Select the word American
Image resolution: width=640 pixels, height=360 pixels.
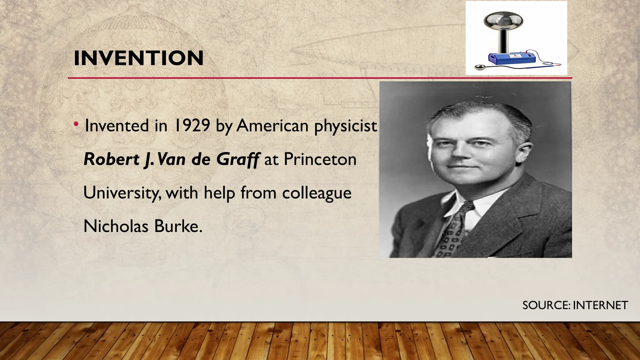point(272,126)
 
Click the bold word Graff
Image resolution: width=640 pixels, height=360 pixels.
point(237,159)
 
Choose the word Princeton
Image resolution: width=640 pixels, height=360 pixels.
point(320,159)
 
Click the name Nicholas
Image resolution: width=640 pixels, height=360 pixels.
point(116,226)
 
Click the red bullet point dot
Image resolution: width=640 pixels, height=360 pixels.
point(76,125)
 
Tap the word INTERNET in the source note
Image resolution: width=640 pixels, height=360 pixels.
point(600,305)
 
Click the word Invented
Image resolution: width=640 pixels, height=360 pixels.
point(117,126)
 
